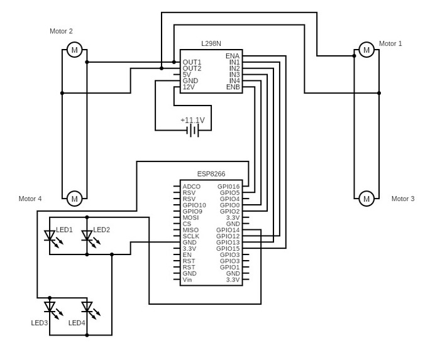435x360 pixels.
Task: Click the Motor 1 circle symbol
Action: click(x=366, y=50)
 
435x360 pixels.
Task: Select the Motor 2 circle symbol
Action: click(x=74, y=50)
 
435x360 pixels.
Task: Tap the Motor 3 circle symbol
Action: click(x=366, y=199)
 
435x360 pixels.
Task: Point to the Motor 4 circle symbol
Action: click(x=74, y=199)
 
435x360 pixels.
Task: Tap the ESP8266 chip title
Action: click(x=211, y=174)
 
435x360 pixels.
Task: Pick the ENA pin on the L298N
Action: click(x=232, y=56)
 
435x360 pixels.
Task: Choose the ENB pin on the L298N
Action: click(x=232, y=87)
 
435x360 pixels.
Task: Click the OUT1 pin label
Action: click(x=192, y=62)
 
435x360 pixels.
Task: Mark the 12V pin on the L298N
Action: click(x=189, y=87)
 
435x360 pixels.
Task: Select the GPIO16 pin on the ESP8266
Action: click(x=228, y=187)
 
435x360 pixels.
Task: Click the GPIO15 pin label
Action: click(x=228, y=249)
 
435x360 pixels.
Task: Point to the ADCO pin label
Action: click(x=191, y=187)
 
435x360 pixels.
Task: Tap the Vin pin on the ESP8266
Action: click(x=187, y=280)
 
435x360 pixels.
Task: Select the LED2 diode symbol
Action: click(x=87, y=237)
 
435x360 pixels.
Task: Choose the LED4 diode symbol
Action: click(x=87, y=308)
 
